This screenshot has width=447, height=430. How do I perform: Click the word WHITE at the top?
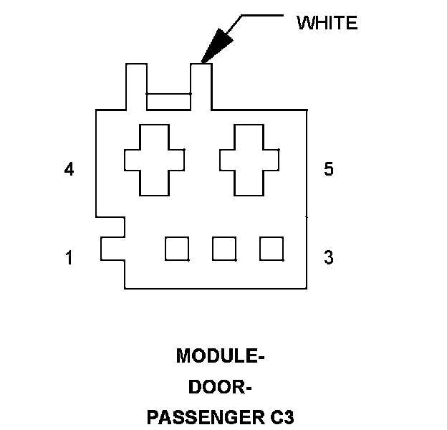pos(327,23)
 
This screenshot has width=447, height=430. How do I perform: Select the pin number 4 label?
pos(69,170)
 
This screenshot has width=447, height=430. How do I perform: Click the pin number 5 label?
pos(328,170)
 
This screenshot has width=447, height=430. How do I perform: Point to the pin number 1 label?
pos(69,257)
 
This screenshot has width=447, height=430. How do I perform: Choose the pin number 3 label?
pos(328,257)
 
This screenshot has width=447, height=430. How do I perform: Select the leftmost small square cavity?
pos(177,248)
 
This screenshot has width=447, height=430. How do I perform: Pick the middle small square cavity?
pos(224,248)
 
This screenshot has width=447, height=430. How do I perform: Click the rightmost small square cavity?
pos(271,248)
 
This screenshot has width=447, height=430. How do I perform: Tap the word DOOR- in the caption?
pos(220,387)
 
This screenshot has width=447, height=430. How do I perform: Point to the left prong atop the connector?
pos(136,86)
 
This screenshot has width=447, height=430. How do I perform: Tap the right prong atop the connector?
pos(201,86)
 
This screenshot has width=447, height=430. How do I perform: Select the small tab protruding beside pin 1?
pos(112,248)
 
